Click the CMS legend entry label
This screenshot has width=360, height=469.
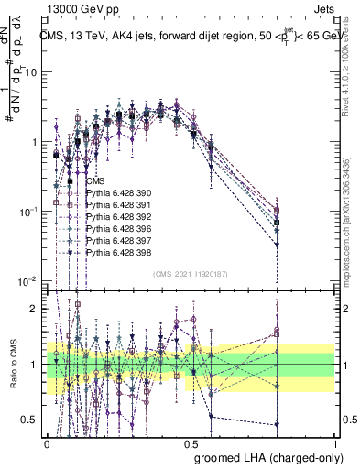pos(96,181)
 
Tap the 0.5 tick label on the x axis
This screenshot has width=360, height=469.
pos(191,442)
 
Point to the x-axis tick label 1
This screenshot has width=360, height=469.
pos(335,442)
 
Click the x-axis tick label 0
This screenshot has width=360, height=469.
pos(47,442)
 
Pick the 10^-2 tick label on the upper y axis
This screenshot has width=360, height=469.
pos(29,280)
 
